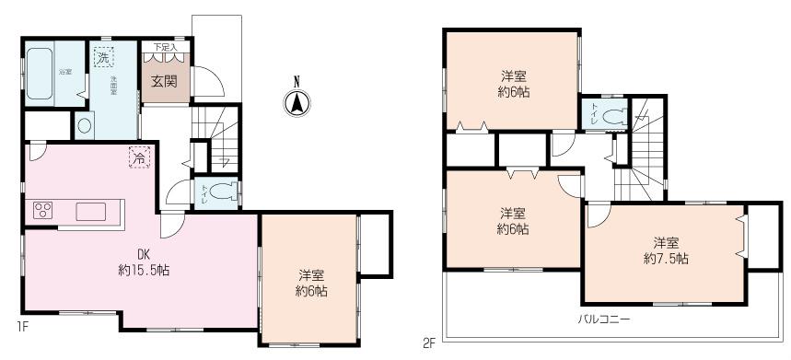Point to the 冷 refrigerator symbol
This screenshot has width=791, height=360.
pyautogui.click(x=138, y=157)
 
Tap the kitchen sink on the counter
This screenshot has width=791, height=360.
pyautogui.click(x=92, y=211)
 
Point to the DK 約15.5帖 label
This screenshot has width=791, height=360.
pyautogui.click(x=143, y=262)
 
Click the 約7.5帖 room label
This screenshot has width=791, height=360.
pyautogui.click(x=666, y=250)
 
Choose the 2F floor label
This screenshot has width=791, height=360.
pyautogui.click(x=428, y=343)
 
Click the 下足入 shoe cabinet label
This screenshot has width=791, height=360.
pyautogui.click(x=166, y=46)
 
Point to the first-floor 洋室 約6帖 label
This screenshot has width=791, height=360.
pyautogui.click(x=311, y=283)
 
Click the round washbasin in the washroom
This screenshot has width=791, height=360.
pyautogui.click(x=84, y=124)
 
